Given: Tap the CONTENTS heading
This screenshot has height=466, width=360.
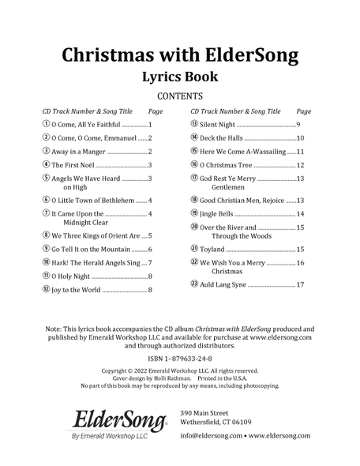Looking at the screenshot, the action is pyautogui.click(x=179, y=98).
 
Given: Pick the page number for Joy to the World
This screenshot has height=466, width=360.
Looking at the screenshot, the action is pyautogui.click(x=150, y=291).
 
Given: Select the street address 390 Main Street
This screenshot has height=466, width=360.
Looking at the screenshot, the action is pyautogui.click(x=204, y=413).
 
